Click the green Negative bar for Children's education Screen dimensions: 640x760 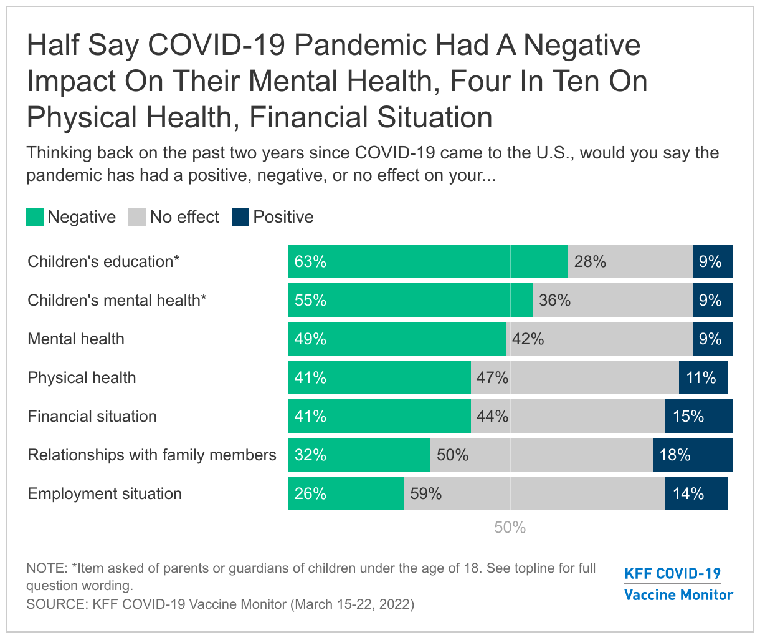click(x=427, y=261)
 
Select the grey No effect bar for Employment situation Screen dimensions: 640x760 click(x=534, y=493)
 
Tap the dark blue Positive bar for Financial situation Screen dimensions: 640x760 click(x=698, y=416)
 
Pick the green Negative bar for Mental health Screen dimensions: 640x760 click(x=396, y=339)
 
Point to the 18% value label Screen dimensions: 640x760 click(x=675, y=455)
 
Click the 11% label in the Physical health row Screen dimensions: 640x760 click(x=701, y=377)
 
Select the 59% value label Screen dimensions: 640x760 click(x=426, y=493)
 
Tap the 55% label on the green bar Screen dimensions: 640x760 click(x=310, y=300)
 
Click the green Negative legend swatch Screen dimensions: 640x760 click(x=35, y=217)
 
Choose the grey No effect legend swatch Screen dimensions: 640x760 click(x=137, y=217)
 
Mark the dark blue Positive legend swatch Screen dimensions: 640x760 click(x=240, y=217)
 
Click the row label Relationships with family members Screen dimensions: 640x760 click(x=152, y=455)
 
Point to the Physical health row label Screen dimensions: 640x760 click(x=82, y=377)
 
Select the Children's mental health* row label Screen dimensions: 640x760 click(x=117, y=300)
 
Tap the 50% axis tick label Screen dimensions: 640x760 click(x=510, y=528)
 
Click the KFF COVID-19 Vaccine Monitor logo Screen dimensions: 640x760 click(x=678, y=584)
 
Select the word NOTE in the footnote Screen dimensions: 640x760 click(x=47, y=568)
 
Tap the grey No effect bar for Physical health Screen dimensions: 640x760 click(x=574, y=377)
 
